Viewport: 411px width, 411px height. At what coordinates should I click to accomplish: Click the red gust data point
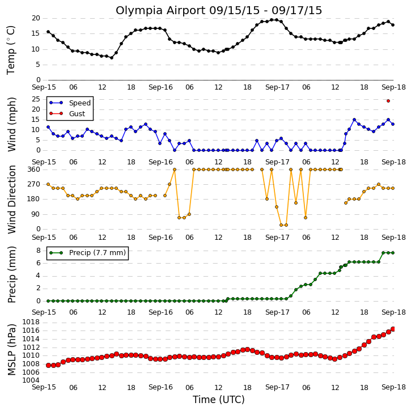388,101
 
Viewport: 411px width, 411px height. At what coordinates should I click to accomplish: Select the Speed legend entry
70,103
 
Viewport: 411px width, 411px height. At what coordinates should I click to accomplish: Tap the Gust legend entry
67,113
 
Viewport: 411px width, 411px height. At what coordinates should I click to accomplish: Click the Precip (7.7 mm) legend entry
87,253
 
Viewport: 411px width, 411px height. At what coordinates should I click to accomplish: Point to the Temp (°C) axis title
11,50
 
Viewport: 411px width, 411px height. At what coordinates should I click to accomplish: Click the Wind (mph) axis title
11,124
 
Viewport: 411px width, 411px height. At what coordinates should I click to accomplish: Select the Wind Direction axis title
11,200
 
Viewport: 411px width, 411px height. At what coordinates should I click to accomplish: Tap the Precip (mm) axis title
11,275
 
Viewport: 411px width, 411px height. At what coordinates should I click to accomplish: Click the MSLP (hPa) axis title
11,350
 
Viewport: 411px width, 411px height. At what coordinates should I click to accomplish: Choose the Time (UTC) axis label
219,400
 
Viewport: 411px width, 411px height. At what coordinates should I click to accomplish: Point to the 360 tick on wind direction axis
33,170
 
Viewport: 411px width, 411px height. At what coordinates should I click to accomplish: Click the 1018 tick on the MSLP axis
31,322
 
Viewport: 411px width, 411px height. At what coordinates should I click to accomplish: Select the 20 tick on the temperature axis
36,18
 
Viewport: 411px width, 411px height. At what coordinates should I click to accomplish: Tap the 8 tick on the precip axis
39,251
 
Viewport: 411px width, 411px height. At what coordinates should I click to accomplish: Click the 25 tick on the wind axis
36,99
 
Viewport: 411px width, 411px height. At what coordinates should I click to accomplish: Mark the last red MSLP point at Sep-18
393,329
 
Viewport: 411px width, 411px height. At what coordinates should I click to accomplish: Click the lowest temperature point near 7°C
112,58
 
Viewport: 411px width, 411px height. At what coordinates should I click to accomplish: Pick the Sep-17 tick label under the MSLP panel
277,387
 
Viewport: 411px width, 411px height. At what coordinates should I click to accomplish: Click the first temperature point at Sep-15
48,32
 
